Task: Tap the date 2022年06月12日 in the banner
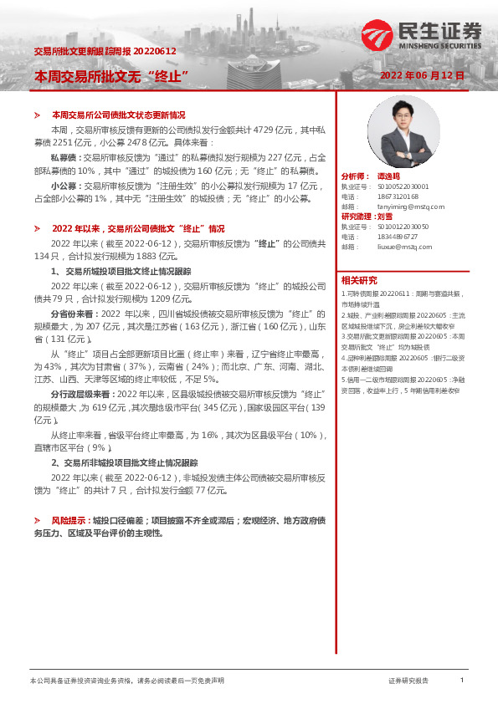[422, 75]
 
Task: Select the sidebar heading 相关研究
[359, 280]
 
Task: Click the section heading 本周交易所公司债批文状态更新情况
[118, 115]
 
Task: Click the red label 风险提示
[69, 519]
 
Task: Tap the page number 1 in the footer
[461, 681]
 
